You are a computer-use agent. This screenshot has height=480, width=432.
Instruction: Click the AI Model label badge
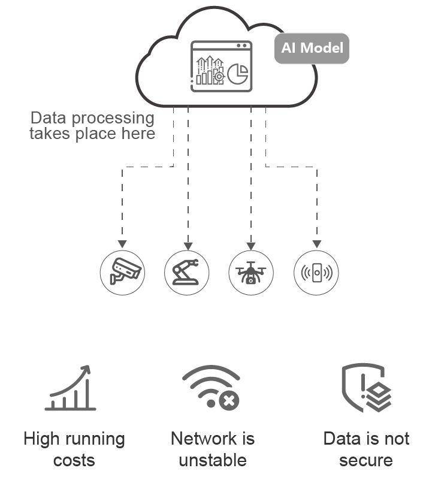[312, 48]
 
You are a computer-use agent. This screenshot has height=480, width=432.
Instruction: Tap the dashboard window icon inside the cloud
[222, 65]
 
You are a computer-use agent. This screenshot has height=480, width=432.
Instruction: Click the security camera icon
[122, 272]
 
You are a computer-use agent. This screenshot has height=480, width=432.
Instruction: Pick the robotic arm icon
[186, 272]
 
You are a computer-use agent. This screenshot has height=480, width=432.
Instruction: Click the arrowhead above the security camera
[122, 244]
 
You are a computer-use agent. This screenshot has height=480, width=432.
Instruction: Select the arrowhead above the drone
[251, 244]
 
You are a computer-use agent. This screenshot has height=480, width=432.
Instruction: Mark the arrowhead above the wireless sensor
[316, 244]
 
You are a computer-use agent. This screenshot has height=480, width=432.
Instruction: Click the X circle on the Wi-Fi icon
[228, 401]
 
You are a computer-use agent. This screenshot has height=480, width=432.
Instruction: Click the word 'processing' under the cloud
[112, 118]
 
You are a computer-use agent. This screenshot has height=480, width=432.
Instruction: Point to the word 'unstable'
[213, 460]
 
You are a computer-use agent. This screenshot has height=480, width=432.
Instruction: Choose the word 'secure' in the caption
[365, 460]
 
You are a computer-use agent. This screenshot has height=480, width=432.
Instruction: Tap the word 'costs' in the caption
[74, 460]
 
